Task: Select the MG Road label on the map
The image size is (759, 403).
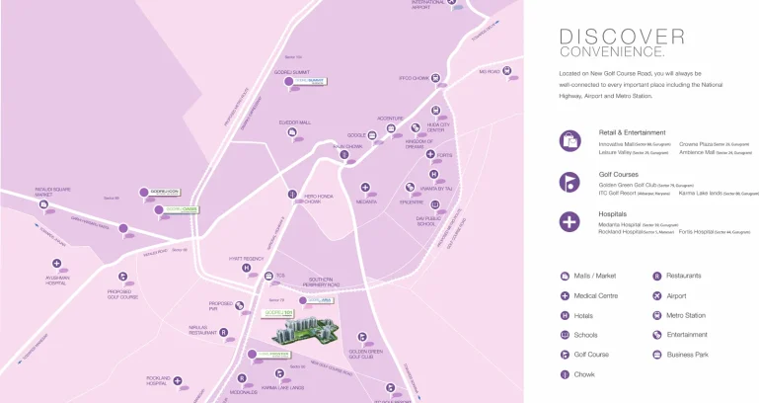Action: (x=490, y=71)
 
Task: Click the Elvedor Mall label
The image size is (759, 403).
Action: (x=294, y=122)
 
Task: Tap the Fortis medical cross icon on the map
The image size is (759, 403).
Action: (x=430, y=154)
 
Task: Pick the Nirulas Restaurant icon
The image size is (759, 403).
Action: (x=223, y=332)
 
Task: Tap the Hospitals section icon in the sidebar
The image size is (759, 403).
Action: (x=569, y=220)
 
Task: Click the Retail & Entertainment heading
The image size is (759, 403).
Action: (x=632, y=131)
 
